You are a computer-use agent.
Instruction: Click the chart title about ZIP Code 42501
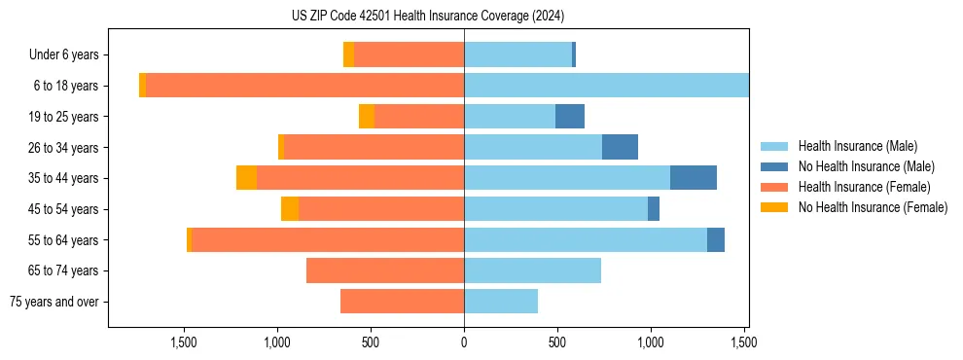point(428,17)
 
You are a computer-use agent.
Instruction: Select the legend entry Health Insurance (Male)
point(857,146)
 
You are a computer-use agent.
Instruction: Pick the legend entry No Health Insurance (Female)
point(873,207)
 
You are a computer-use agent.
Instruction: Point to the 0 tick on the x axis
point(464,342)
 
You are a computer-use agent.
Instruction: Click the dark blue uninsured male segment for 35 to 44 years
point(694,178)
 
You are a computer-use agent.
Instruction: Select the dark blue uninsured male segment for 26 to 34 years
point(620,147)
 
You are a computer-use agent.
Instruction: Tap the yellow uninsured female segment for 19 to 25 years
point(367,117)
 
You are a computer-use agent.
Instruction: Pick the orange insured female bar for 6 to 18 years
point(304,86)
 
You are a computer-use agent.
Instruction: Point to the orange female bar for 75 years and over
point(402,302)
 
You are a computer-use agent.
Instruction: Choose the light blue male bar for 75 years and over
point(501,302)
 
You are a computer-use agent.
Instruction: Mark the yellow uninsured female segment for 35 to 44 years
point(246,178)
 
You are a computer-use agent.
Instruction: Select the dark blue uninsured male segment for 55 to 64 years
point(716,239)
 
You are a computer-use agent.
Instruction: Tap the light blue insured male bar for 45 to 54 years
point(555,209)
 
